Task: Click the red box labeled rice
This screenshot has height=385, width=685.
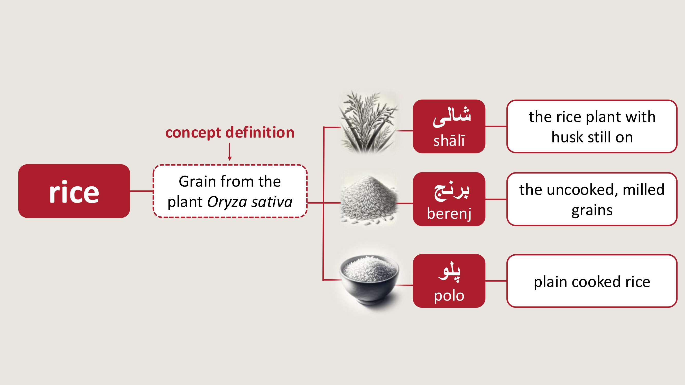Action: click(x=74, y=191)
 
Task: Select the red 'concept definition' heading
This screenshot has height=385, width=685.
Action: click(x=230, y=132)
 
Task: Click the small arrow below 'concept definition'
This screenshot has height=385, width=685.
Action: click(x=230, y=152)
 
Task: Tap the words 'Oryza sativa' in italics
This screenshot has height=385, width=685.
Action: click(x=250, y=202)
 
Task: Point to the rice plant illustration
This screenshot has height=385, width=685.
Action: click(x=368, y=122)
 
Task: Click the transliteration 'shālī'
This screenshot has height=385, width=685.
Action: click(x=449, y=141)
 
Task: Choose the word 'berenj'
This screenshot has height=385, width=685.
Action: click(x=449, y=213)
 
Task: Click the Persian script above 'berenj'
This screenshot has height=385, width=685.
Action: click(x=451, y=191)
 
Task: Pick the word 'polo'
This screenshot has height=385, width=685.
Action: click(x=449, y=295)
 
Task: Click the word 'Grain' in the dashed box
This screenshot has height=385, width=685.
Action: click(x=198, y=181)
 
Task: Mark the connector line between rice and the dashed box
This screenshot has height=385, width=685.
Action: click(x=142, y=191)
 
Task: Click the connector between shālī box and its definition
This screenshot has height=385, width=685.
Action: click(x=496, y=127)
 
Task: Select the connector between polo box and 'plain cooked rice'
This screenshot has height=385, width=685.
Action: click(x=496, y=281)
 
